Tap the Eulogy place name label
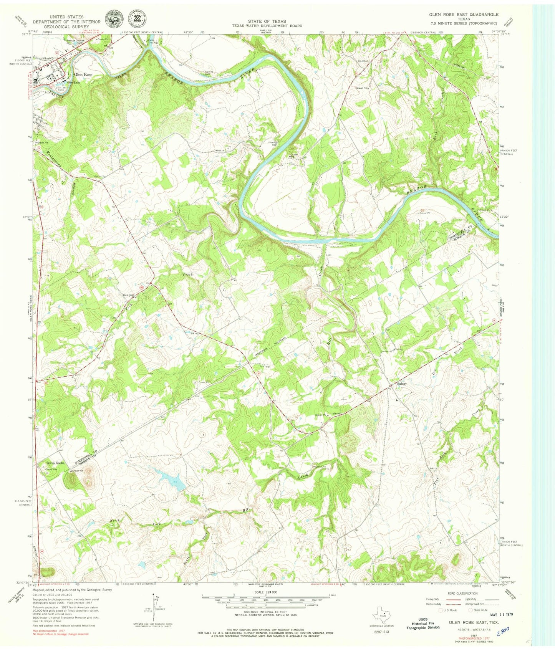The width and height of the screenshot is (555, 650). (402, 384)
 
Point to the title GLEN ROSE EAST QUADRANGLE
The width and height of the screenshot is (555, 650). (464, 14)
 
